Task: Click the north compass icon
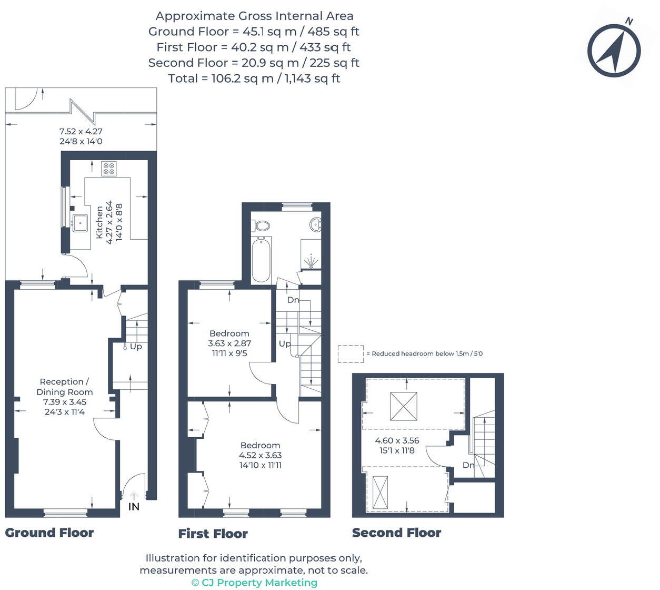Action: (x=614, y=51)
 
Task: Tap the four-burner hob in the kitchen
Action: (x=109, y=169)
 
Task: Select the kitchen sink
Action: (x=80, y=223)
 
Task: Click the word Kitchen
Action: (x=99, y=222)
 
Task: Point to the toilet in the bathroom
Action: (x=262, y=226)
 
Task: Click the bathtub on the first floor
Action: (x=261, y=260)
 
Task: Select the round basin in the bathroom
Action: (x=316, y=224)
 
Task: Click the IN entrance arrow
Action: (x=134, y=496)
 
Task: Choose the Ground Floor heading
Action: (x=49, y=533)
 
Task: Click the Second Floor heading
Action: (x=396, y=533)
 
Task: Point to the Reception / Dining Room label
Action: (x=65, y=387)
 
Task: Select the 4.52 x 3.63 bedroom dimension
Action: (x=260, y=455)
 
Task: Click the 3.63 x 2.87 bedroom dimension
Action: (x=229, y=343)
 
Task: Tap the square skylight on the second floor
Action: (x=404, y=406)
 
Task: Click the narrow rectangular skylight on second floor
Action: (x=379, y=493)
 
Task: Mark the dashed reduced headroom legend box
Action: (x=351, y=353)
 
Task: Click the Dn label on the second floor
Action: (x=468, y=465)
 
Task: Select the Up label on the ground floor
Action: (x=136, y=347)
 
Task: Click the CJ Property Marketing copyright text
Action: (x=254, y=582)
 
